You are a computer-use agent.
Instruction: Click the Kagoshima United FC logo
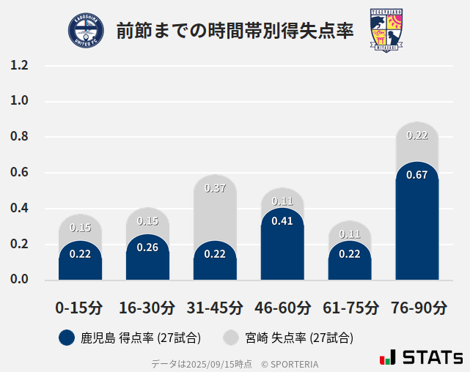(x=86, y=31)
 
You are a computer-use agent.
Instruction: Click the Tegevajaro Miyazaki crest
(x=386, y=31)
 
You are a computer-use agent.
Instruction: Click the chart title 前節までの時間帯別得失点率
(x=235, y=31)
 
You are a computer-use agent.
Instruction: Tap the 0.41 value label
(x=282, y=220)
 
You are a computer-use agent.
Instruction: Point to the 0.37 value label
(x=215, y=188)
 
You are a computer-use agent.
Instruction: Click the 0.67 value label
(x=417, y=175)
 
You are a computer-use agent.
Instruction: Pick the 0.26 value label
(x=147, y=248)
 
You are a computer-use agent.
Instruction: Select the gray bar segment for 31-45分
(x=215, y=209)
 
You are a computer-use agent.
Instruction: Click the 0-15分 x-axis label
(x=80, y=308)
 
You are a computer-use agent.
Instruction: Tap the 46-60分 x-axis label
(x=282, y=308)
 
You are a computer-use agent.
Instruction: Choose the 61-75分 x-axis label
(x=350, y=308)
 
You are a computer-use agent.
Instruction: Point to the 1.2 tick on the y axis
(x=19, y=66)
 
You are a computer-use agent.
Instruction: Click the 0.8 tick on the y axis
(x=19, y=137)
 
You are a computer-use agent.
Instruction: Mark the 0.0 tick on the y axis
(x=19, y=280)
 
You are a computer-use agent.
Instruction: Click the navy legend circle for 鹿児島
(x=67, y=338)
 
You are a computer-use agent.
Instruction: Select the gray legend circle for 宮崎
(x=231, y=338)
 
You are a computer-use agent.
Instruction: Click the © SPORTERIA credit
(x=290, y=363)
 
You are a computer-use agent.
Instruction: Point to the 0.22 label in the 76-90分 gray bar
(x=417, y=135)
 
